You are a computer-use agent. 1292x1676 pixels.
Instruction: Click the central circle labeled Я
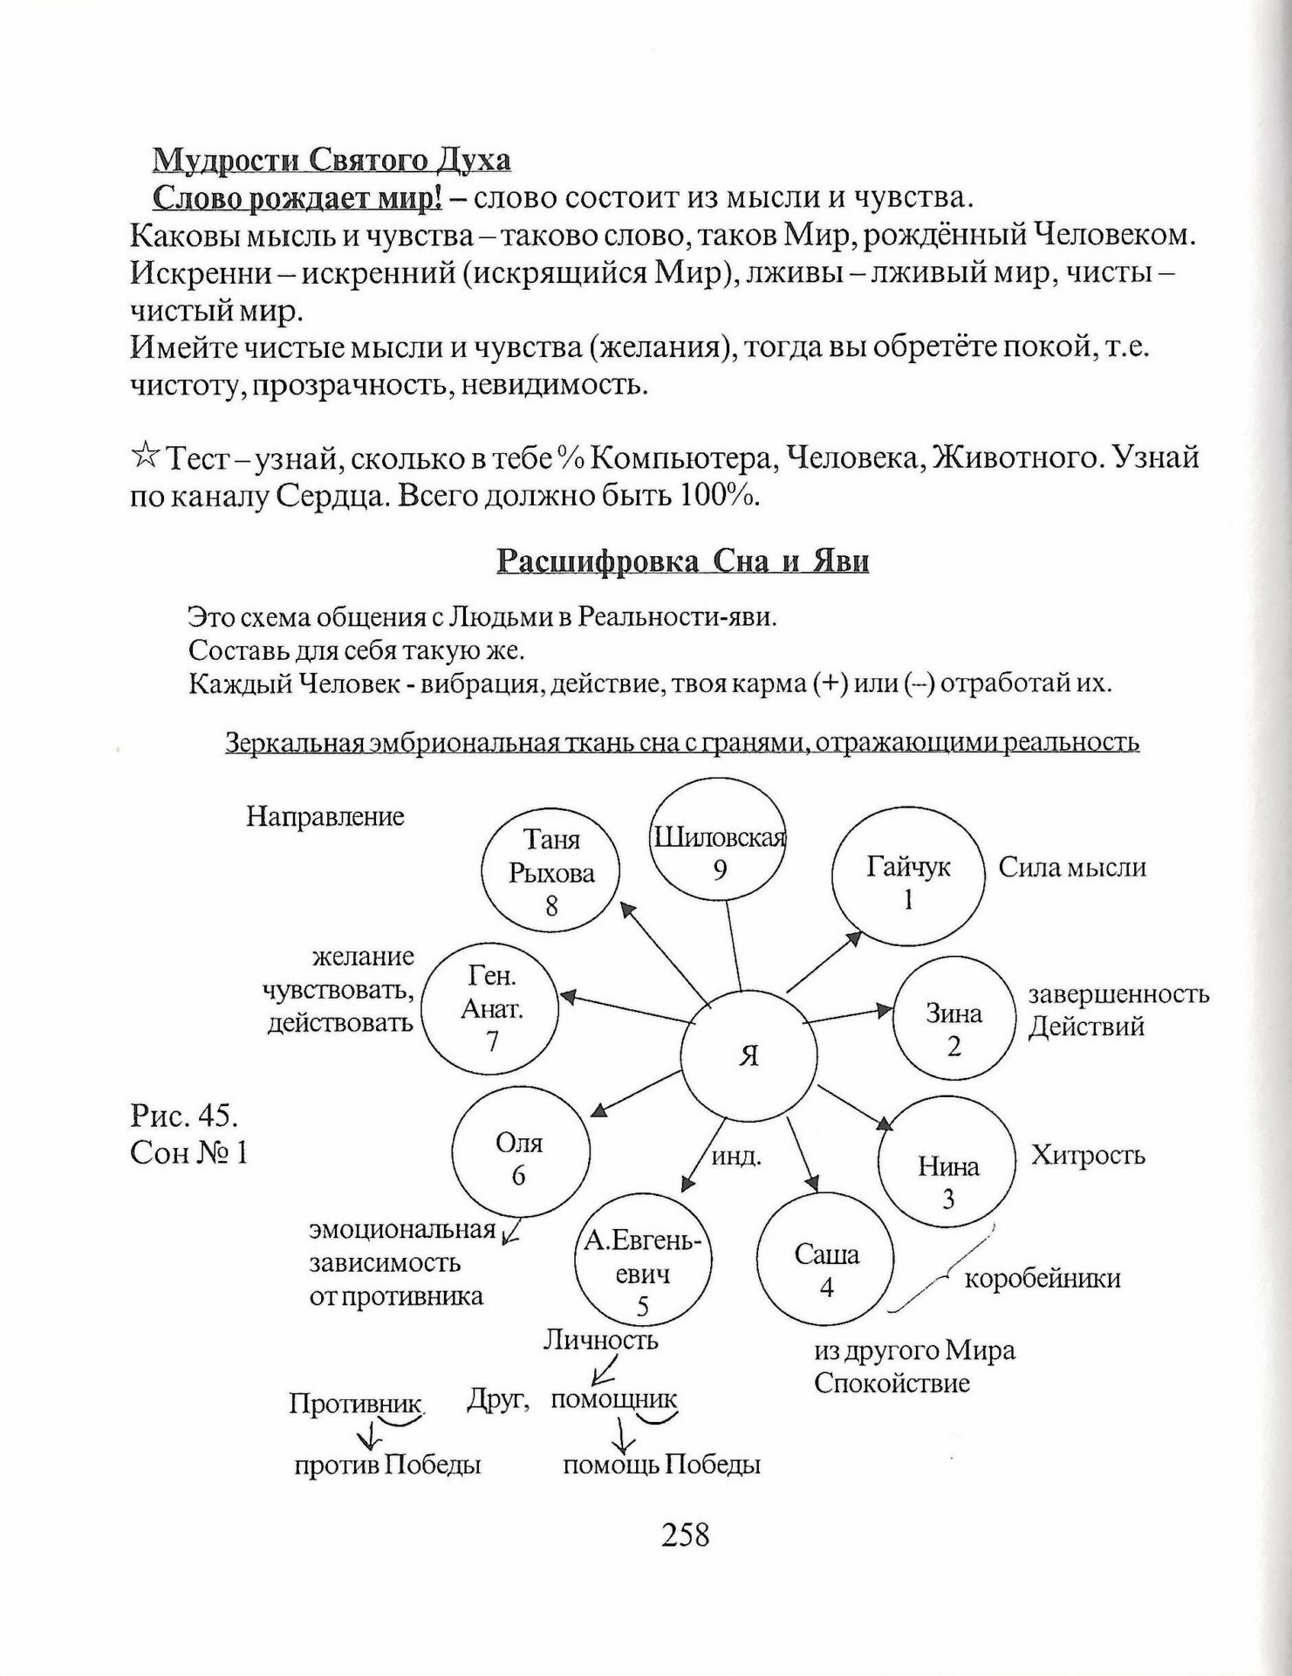[x=749, y=1054]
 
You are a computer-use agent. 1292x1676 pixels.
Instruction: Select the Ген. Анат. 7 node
[x=493, y=1010]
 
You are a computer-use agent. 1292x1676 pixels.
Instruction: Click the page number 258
[x=686, y=1534]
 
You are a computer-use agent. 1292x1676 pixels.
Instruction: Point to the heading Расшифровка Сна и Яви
[x=682, y=560]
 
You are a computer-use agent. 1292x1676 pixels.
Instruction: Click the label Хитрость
[x=1088, y=1156]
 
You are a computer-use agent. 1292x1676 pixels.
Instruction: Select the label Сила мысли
[x=1072, y=867]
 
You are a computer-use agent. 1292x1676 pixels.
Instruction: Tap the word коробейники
[x=1042, y=1279]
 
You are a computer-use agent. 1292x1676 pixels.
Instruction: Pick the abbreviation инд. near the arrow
[x=737, y=1157]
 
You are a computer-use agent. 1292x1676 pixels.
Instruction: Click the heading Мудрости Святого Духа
[x=332, y=161]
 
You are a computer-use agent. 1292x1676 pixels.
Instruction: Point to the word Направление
[x=325, y=816]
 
